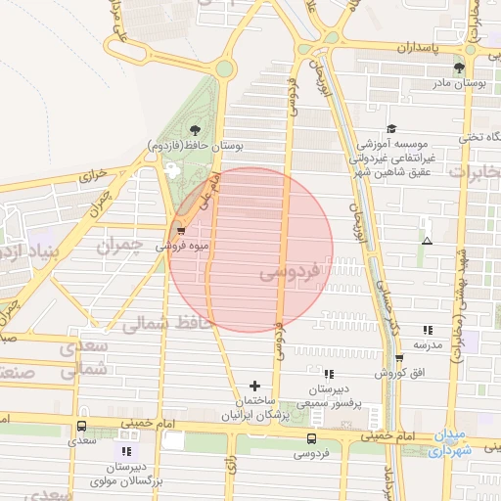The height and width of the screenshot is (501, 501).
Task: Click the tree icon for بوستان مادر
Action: (459, 68)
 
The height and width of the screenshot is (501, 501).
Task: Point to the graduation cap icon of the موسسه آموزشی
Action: (391, 128)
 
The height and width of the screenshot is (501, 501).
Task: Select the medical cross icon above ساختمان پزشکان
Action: (255, 386)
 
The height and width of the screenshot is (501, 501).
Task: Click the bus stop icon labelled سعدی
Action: (80, 426)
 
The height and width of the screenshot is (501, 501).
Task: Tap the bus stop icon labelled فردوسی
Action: (312, 438)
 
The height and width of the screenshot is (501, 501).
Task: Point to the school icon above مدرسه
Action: (428, 330)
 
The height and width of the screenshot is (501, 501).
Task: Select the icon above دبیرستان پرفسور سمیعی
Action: (328, 373)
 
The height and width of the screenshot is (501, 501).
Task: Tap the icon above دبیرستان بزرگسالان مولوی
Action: (125, 450)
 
